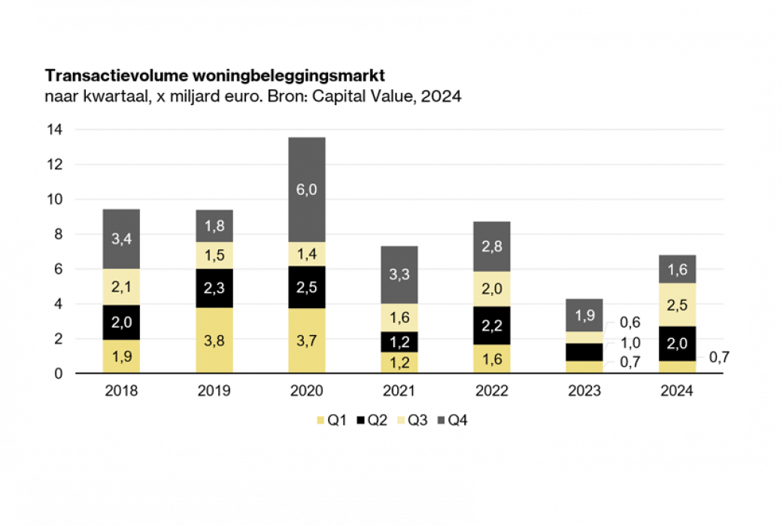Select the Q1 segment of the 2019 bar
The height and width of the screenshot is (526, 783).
coord(214,340)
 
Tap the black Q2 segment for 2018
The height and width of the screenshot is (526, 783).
coord(121,322)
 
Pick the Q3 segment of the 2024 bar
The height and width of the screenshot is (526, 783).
coord(676,304)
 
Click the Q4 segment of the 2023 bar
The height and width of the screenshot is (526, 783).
coord(584,316)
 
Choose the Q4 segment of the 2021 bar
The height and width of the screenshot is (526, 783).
coord(399,274)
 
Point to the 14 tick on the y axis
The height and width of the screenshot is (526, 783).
coord(54,130)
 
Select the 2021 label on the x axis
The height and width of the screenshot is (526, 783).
coord(399,391)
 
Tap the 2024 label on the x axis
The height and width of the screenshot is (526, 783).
coord(676,391)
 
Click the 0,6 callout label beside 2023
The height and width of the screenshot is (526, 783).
coord(630,322)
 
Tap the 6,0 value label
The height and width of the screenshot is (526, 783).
coord(306,190)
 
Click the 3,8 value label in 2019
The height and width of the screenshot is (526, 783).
coord(214,340)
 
